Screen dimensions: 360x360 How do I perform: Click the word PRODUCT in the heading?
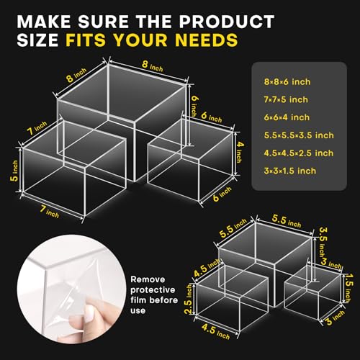pos(227,22)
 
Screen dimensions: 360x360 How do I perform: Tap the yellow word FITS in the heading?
pos(86,40)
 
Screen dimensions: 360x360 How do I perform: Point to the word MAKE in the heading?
pos(44,22)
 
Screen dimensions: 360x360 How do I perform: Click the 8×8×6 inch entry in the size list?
pos(287,82)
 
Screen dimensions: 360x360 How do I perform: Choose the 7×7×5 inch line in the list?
pos(286,99)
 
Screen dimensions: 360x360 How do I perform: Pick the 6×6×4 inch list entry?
pos(287,117)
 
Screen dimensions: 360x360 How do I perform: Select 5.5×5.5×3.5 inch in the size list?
pos(299,135)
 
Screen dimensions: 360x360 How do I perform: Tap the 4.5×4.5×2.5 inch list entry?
pos(299,153)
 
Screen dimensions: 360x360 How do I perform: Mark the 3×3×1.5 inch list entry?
pos(290,171)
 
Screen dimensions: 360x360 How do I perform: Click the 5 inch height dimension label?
pos(14,171)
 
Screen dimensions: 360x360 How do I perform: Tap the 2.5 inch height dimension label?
pos(189,299)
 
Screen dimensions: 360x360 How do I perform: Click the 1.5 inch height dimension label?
pos(348,288)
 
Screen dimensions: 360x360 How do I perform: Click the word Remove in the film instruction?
pos(148,279)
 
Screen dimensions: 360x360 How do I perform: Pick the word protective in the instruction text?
pos(153,290)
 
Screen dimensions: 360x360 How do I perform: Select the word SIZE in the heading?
pos(37,40)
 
